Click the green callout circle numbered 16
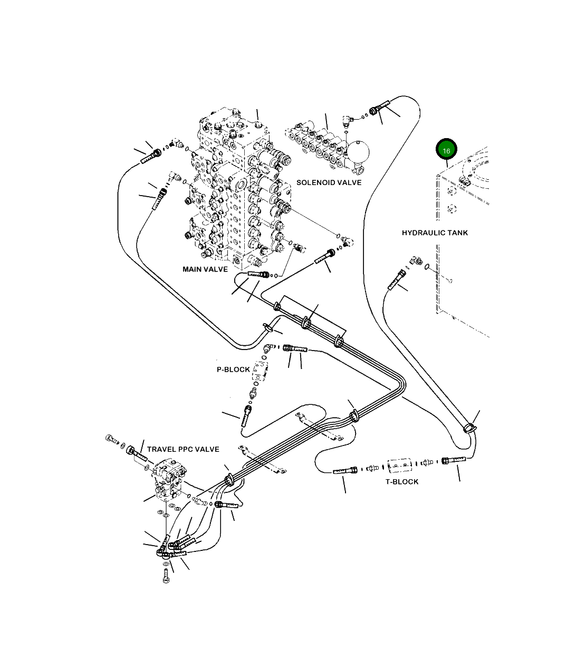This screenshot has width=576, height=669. (446, 150)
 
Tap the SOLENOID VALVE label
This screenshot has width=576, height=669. (329, 182)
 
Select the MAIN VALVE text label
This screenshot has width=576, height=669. (205, 269)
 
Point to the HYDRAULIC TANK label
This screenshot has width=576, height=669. (435, 232)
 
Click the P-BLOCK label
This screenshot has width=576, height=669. (233, 370)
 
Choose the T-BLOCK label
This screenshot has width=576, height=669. (402, 482)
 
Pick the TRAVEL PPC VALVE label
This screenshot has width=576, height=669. (183, 449)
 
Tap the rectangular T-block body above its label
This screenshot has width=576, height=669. (399, 466)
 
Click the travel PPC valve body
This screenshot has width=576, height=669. (168, 479)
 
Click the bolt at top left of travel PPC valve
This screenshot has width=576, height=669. (111, 440)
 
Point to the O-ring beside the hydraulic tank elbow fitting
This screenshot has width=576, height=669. (427, 266)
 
